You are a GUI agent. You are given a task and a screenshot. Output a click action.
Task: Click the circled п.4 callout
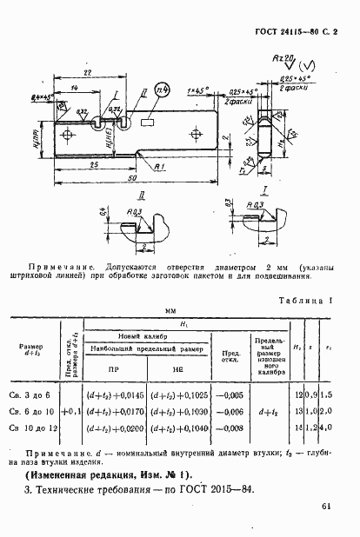[162, 92]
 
